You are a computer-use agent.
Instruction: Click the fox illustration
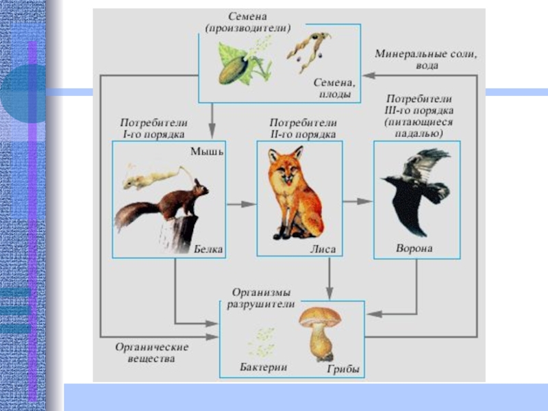coord(296,195)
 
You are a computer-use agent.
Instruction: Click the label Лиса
coord(323,249)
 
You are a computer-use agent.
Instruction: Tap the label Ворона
coord(414,247)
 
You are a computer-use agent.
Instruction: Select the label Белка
coord(209,249)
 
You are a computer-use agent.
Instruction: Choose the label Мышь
coord(208,151)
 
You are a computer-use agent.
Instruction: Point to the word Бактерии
coord(263,367)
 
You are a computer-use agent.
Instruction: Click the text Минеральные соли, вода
coord(425,60)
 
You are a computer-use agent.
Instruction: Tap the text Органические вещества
coord(151,353)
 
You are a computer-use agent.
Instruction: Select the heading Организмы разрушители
coord(262,297)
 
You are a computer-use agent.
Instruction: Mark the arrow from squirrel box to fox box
coord(240,203)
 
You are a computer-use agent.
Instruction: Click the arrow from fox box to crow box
coord(357,201)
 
